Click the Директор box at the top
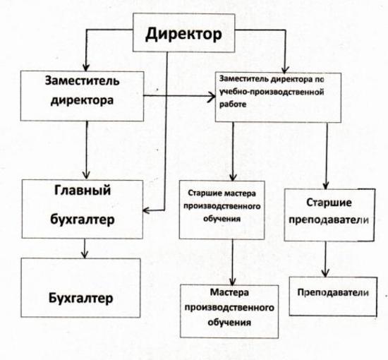(184, 32)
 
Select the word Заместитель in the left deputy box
(82, 80)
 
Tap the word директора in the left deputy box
(82, 100)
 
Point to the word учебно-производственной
(272, 92)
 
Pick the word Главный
(83, 191)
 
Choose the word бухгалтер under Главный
(83, 220)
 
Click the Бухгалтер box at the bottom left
(80, 288)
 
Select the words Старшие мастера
(222, 193)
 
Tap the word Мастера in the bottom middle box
(229, 292)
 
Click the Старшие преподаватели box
(329, 215)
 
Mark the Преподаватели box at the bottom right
(333, 296)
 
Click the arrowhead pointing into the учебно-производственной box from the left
(212, 97)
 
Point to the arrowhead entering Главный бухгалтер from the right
(146, 210)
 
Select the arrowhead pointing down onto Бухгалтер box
(85, 255)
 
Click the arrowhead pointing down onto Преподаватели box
(325, 273)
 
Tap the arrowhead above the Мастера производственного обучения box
(232, 281)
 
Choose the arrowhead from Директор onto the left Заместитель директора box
(86, 67)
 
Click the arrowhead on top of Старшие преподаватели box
(326, 185)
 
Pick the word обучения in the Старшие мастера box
(222, 219)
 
